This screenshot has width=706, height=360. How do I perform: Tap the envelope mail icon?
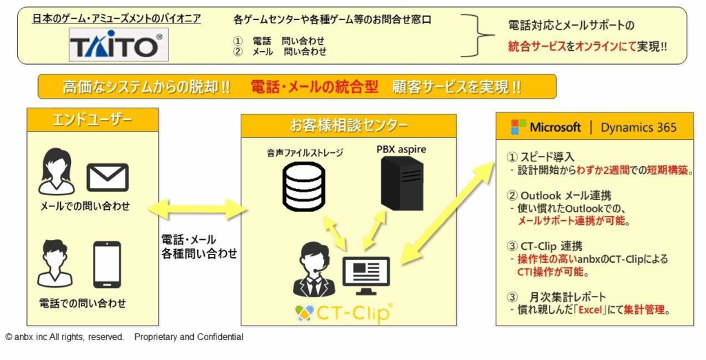click(108, 177)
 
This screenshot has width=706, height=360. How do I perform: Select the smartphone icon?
click(107, 264)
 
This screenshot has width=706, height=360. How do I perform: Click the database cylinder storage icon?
click(304, 186)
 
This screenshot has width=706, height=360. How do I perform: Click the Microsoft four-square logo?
click(518, 127)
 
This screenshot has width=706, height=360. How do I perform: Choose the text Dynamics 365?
click(638, 128)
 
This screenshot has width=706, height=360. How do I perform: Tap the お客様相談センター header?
click(348, 125)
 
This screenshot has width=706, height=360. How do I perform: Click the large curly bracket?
click(480, 35)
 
